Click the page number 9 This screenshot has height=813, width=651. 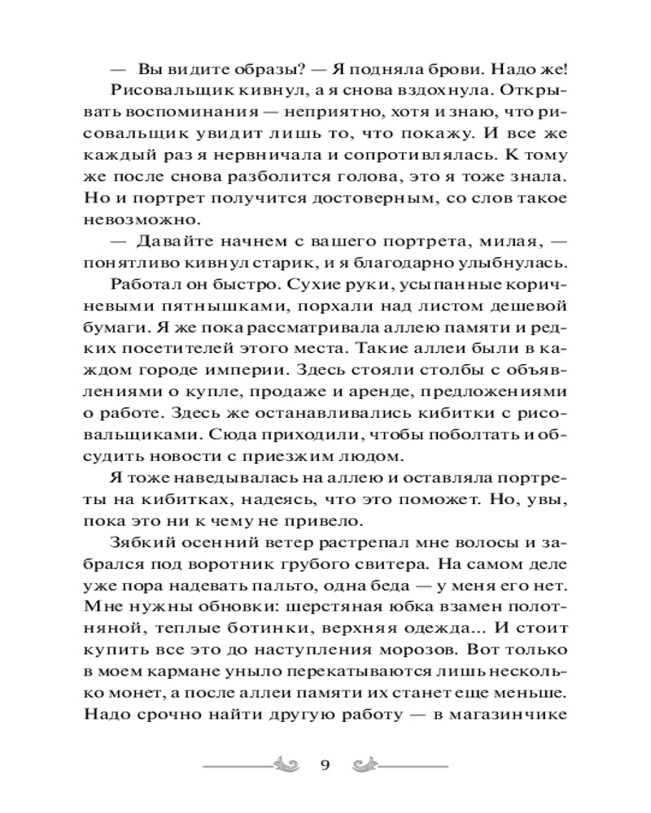(325, 763)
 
